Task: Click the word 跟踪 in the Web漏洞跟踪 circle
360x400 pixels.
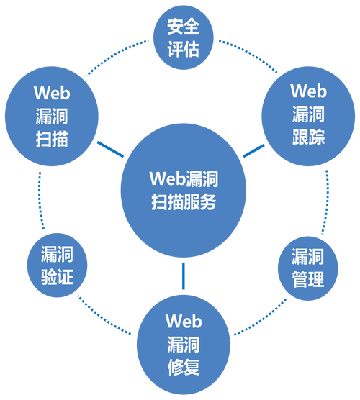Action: pos(308,136)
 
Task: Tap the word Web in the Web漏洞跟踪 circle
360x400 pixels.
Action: pos(308,91)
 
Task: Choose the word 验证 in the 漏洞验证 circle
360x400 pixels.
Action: pos(57,276)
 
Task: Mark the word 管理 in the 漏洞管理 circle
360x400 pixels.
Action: pos(307,279)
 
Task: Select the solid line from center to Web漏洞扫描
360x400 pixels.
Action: pos(108,147)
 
